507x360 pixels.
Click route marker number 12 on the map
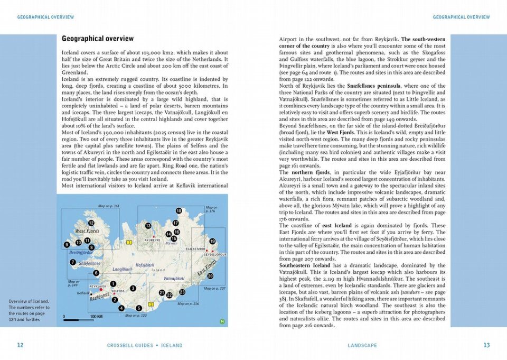[x=91, y=223]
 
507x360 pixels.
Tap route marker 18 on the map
[x=179, y=211]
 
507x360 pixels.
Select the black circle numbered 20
[x=210, y=275]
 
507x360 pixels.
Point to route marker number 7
[x=72, y=262]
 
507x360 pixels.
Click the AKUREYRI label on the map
[x=152, y=240]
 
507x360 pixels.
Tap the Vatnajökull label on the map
[x=174, y=278]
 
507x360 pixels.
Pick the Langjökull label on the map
[x=122, y=270]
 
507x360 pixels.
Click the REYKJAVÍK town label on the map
[x=98, y=286]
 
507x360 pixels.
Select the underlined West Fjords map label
[x=87, y=231]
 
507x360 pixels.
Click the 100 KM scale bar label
[x=96, y=316]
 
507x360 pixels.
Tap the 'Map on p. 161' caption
[x=109, y=206]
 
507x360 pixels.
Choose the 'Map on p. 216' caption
[x=189, y=304]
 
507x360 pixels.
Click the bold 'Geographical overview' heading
[x=98, y=39]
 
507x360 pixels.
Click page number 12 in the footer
[x=20, y=345]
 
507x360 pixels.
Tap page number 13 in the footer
[x=486, y=345]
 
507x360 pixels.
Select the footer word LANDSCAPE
[x=362, y=345]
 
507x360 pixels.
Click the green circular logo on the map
[x=222, y=321]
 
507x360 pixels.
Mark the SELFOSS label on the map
[x=118, y=291]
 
